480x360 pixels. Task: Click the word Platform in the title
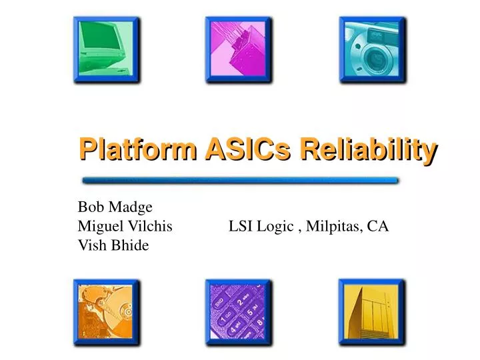[x=137, y=149]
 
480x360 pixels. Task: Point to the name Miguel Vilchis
[x=125, y=227]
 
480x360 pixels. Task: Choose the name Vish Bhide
[x=113, y=245]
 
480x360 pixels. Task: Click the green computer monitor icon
[x=107, y=50]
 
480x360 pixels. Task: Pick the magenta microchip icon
[x=239, y=50]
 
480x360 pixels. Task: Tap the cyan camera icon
[x=372, y=50]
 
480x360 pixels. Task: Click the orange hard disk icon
[x=107, y=312]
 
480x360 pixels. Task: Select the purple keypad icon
[x=239, y=312]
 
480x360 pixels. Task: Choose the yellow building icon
[x=372, y=312]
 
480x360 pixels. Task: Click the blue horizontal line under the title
[x=240, y=180]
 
